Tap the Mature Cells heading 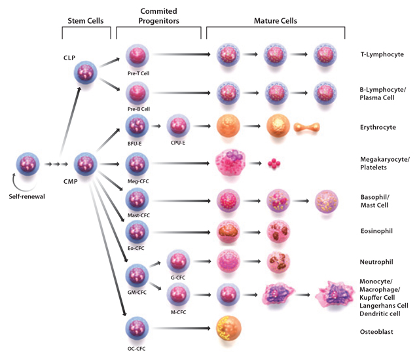point(275,21)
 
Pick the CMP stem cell point(88,164)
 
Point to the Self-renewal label point(28,196)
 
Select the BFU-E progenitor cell point(138,125)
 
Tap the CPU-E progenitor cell point(179,125)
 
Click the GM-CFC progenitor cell point(138,275)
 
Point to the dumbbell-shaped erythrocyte point(307,127)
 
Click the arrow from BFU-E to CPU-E point(158,125)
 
